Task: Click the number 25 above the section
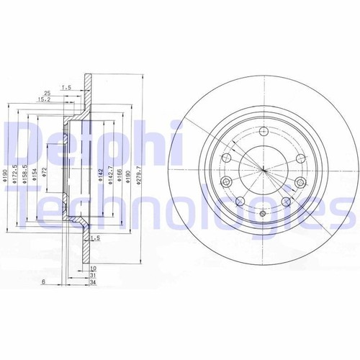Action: pos(47,94)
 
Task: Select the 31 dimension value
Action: pos(93,274)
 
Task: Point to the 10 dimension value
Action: pos(93,267)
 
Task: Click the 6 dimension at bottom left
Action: pos(45,282)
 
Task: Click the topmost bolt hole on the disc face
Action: pos(263,131)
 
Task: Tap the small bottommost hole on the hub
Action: pos(263,214)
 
